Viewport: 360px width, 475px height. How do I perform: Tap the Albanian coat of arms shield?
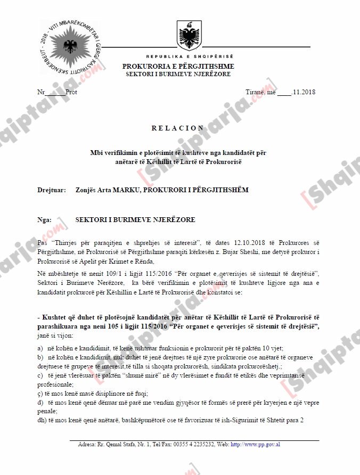(x=189, y=36)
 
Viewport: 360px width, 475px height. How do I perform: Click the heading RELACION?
(x=178, y=128)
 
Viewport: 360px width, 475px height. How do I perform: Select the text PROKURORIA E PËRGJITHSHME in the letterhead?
(x=178, y=67)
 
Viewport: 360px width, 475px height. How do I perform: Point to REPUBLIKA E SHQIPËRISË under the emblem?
(x=190, y=56)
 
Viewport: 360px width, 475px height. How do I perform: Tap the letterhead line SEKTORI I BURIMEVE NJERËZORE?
(x=178, y=74)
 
